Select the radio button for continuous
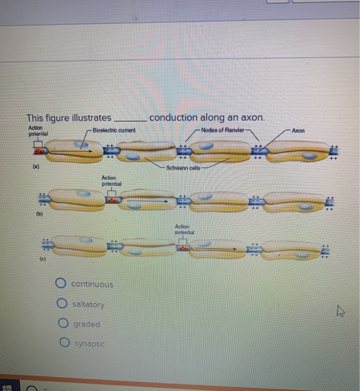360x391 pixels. pyautogui.click(x=61, y=284)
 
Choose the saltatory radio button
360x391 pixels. pyautogui.click(x=61, y=304)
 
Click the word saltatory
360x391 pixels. pyautogui.click(x=88, y=304)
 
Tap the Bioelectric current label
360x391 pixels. pyautogui.click(x=114, y=131)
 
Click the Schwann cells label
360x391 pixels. pyautogui.click(x=185, y=167)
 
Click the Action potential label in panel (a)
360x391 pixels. pyautogui.click(x=37, y=132)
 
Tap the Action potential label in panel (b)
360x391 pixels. pyautogui.click(x=112, y=180)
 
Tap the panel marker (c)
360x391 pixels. pyautogui.click(x=42, y=260)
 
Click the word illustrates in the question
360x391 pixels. pyautogui.click(x=89, y=118)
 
